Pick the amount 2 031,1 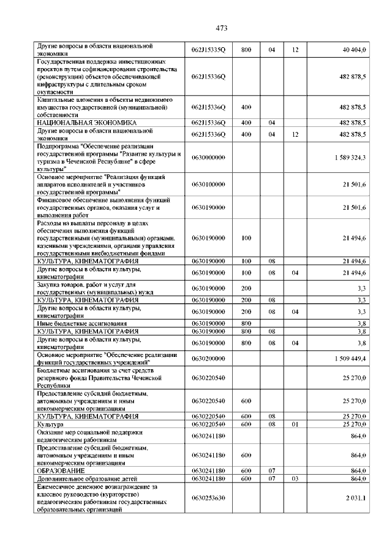[x=355, y=498]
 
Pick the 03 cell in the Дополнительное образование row [x=295, y=478]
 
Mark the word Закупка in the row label [x=50, y=284]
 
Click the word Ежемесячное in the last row [x=57, y=486]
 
